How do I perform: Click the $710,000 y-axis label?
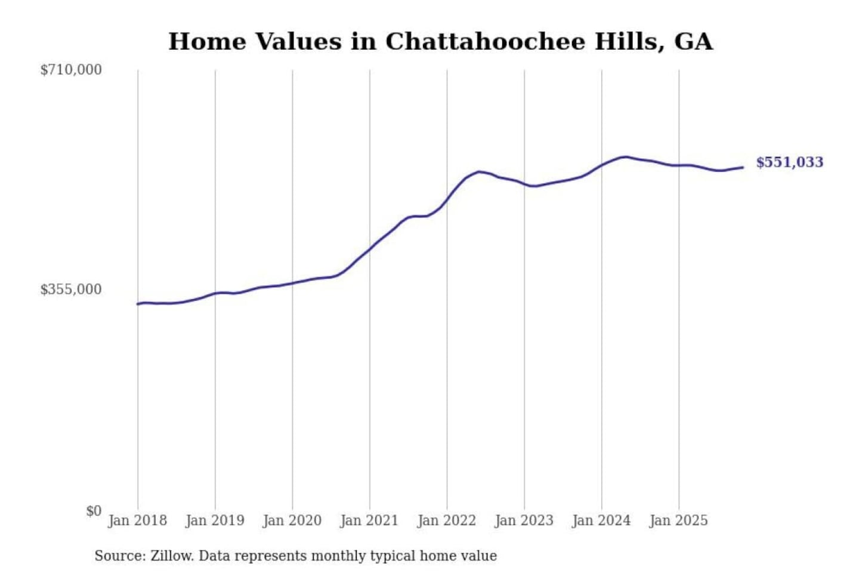coord(71,70)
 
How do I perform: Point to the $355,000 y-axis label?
coord(71,289)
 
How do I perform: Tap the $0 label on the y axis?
coord(94,511)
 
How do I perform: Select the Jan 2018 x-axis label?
coord(138,520)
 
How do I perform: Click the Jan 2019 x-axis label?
coord(215,520)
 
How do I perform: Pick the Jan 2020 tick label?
coord(292,520)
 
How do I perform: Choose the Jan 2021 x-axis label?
coord(369,520)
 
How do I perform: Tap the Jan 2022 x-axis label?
coord(447,520)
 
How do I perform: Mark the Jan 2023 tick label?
coord(524,520)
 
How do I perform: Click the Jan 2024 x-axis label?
coord(601,520)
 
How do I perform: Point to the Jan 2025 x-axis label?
coord(679,520)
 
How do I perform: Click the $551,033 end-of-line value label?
coord(789,162)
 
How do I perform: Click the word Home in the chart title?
coord(208,42)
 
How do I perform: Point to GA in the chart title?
coord(693,42)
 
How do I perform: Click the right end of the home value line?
coord(743,168)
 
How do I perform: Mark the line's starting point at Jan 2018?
coord(138,304)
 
